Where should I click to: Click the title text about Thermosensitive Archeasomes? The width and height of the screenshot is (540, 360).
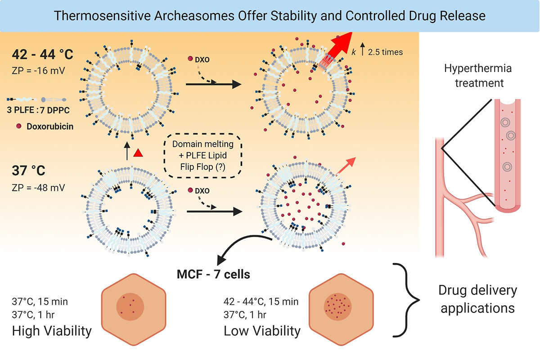(x=270, y=16)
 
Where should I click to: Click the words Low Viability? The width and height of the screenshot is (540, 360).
(x=262, y=331)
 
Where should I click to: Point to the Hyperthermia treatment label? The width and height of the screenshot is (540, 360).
(x=472, y=76)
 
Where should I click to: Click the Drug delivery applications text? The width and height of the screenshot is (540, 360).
(x=477, y=299)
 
